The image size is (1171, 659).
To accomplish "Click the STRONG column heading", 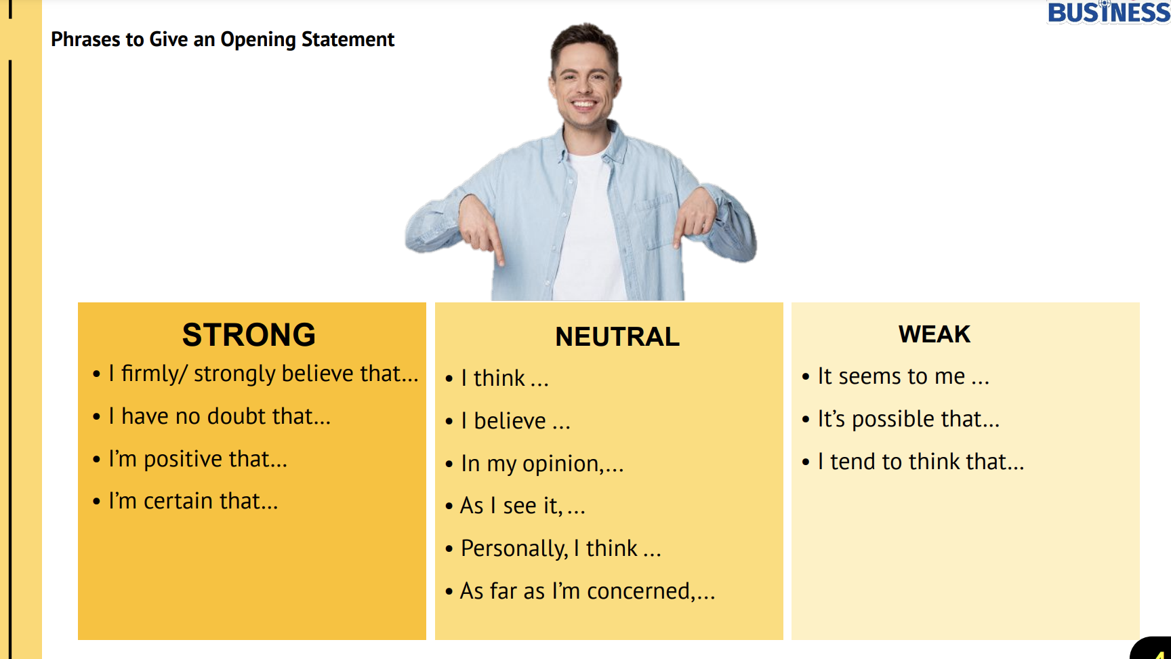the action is [x=249, y=335].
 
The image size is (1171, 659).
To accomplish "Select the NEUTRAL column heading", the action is [x=617, y=337].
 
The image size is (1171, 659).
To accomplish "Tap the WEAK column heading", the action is [x=934, y=334].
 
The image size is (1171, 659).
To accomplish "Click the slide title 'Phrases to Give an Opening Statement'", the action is [x=222, y=39].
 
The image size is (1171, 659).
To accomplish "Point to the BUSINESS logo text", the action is [x=1109, y=12].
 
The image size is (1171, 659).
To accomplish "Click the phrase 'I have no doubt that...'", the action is [x=220, y=416].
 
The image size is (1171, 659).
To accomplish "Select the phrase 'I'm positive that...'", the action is [x=198, y=459].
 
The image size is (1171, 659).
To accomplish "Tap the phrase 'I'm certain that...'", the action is [x=193, y=501].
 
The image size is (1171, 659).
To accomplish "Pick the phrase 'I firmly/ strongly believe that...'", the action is [x=264, y=374].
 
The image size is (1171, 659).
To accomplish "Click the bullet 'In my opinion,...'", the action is [x=542, y=464].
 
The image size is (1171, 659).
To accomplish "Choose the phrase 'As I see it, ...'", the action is [x=522, y=506].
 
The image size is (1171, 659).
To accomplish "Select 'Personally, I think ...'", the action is [x=561, y=548].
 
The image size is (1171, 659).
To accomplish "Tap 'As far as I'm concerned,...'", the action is [x=588, y=591].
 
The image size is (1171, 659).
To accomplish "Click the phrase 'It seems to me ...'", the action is [x=903, y=376].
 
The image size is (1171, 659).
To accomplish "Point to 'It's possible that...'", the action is [x=909, y=419].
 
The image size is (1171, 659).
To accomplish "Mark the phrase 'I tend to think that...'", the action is [x=921, y=462].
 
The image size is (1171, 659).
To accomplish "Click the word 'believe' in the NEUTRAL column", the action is [x=510, y=421].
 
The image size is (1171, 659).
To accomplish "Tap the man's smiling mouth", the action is [x=584, y=105].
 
